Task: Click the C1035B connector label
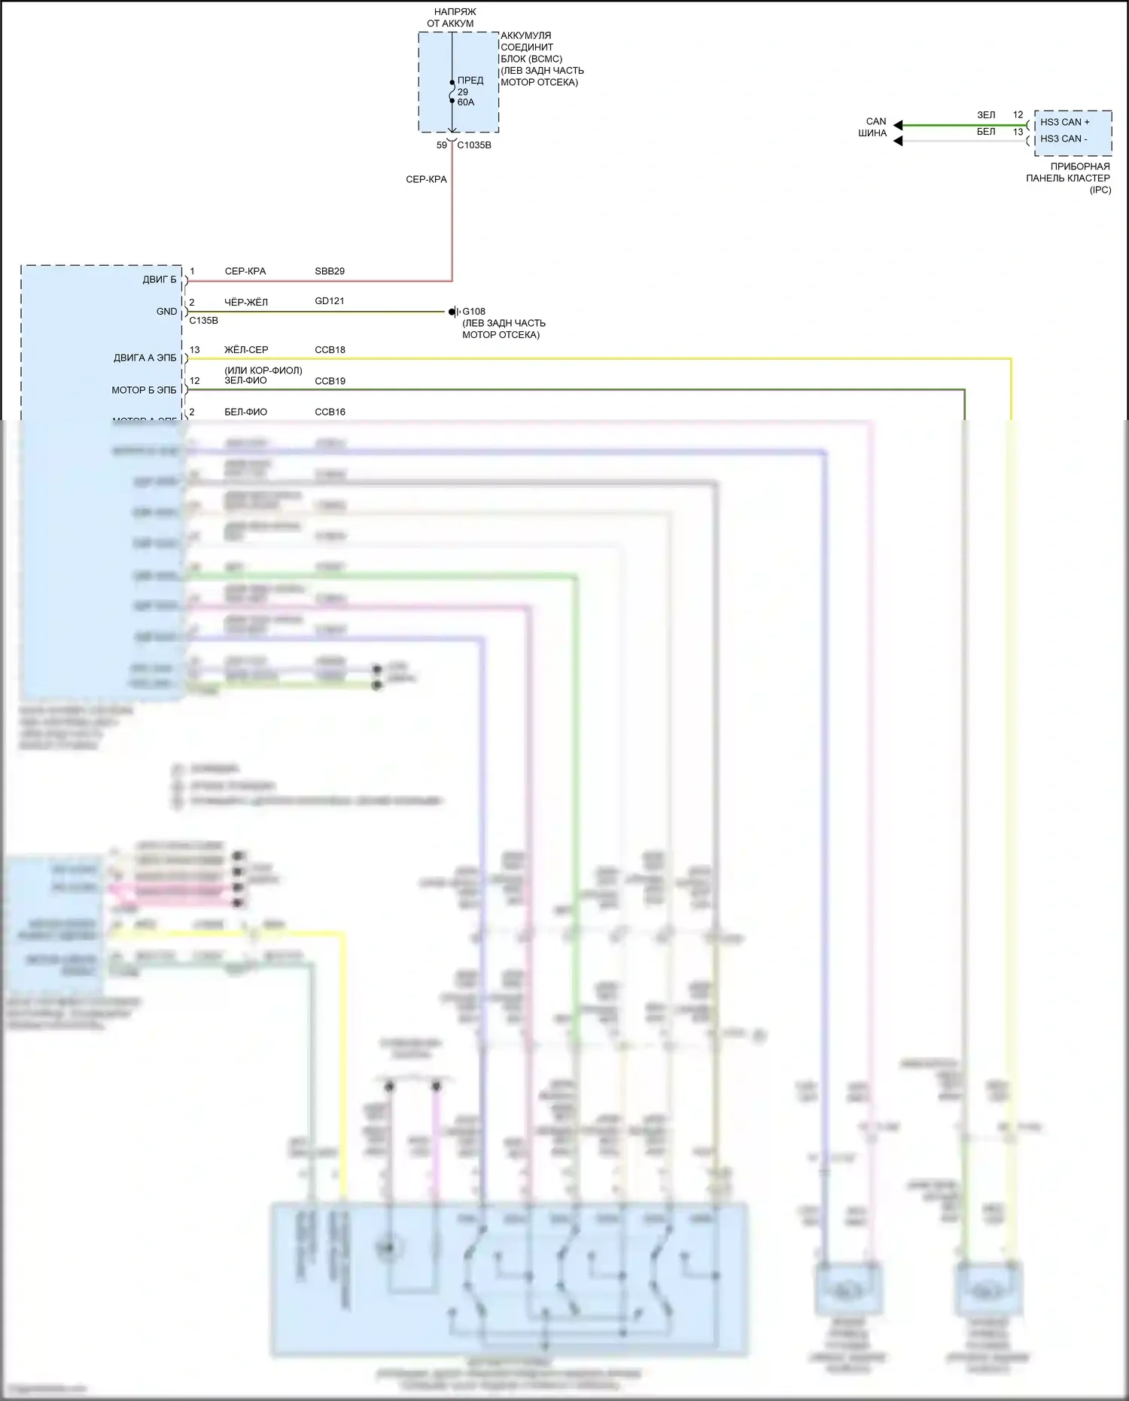(x=474, y=145)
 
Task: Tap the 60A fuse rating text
(x=466, y=102)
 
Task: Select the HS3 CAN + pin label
(x=1064, y=122)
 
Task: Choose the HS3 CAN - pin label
(x=1064, y=139)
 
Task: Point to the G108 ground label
(x=473, y=311)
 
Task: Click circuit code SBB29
(x=330, y=271)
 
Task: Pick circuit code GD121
(x=330, y=301)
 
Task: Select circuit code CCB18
(x=330, y=350)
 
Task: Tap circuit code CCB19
(x=330, y=381)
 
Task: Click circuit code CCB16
(x=330, y=412)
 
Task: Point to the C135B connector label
(x=203, y=321)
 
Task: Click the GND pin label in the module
(x=166, y=312)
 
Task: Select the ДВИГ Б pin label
(x=160, y=280)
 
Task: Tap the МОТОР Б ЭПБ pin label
(x=144, y=390)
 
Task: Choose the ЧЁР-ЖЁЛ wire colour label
(x=245, y=302)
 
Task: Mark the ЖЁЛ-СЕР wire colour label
(x=246, y=350)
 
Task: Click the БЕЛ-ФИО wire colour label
(x=245, y=412)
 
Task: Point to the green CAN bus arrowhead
(x=898, y=125)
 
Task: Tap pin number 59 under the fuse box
(x=442, y=145)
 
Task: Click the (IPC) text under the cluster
(x=1100, y=190)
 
